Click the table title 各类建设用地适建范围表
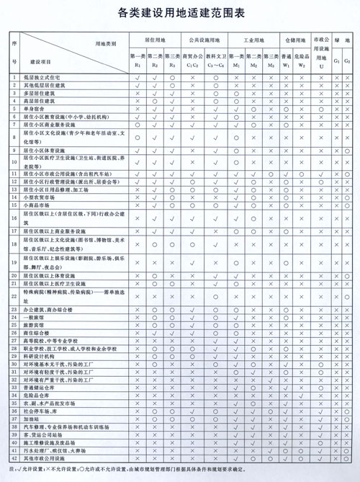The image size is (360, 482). click(180, 13)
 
